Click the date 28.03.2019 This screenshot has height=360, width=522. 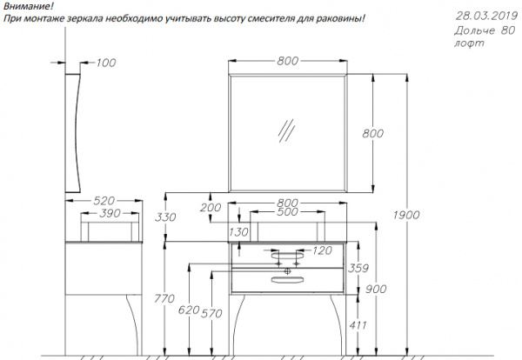(486, 16)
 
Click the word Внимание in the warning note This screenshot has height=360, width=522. (27, 6)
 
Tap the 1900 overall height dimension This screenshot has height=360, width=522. (406, 215)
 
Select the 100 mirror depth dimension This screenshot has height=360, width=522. (106, 63)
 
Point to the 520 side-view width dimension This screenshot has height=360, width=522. (104, 201)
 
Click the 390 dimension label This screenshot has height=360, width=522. (110, 213)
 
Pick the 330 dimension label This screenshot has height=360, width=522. (165, 217)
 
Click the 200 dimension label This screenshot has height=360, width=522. (211, 207)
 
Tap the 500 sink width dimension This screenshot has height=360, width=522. (287, 211)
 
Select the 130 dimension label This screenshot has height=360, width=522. (238, 232)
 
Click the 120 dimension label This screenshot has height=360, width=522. (322, 250)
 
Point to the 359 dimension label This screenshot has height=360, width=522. (358, 268)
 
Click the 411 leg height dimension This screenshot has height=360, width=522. (358, 324)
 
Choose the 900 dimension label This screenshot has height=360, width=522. (376, 290)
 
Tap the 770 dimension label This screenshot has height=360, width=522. (164, 298)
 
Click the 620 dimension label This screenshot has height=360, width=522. (189, 310)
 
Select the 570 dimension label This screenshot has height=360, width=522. (211, 313)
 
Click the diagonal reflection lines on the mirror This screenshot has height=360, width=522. (286, 130)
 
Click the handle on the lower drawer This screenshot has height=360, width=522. (288, 279)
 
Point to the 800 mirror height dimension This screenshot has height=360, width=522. (373, 133)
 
